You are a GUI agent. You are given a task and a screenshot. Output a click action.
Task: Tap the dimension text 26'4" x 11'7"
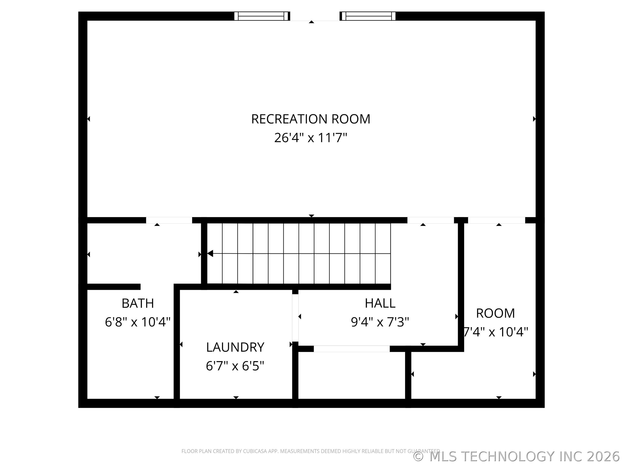[310, 138]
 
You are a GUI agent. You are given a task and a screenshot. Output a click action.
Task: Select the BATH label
[138, 303]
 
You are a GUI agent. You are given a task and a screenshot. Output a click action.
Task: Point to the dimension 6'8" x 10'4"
[138, 322]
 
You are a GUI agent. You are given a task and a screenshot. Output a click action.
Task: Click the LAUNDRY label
[235, 347]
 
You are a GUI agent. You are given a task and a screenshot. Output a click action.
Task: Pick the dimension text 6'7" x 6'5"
[235, 366]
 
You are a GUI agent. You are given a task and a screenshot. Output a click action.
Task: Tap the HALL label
[380, 303]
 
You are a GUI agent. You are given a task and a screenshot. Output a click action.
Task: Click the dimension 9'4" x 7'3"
[380, 322]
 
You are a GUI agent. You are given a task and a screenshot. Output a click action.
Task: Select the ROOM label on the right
[495, 313]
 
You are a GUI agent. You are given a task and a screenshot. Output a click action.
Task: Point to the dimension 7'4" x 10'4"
[496, 332]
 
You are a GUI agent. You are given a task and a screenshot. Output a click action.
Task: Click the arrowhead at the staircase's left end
[210, 253]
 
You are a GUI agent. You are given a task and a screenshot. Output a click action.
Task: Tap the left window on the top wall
[262, 16]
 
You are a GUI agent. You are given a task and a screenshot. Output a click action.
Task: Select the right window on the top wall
[368, 16]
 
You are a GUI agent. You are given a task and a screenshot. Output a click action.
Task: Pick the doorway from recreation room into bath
[169, 220]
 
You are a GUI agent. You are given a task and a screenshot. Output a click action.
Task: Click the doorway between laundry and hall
[295, 318]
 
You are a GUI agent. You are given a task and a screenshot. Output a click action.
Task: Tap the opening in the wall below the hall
[352, 349]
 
